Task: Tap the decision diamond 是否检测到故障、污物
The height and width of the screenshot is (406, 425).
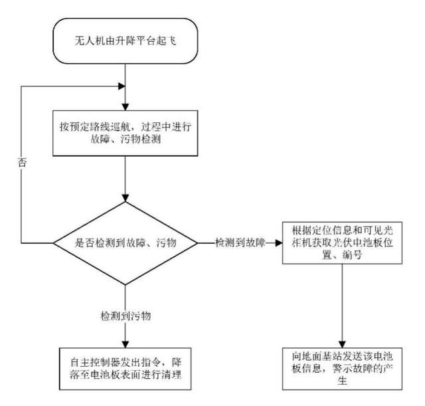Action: (x=125, y=243)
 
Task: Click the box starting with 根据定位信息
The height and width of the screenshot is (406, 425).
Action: (x=341, y=243)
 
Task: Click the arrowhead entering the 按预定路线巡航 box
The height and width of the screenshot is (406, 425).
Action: (x=125, y=106)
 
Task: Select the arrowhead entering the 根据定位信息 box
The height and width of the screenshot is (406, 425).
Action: (x=279, y=243)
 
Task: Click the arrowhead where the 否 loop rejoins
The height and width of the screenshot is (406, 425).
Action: (x=121, y=86)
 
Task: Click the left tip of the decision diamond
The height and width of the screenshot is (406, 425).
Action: (x=53, y=243)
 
